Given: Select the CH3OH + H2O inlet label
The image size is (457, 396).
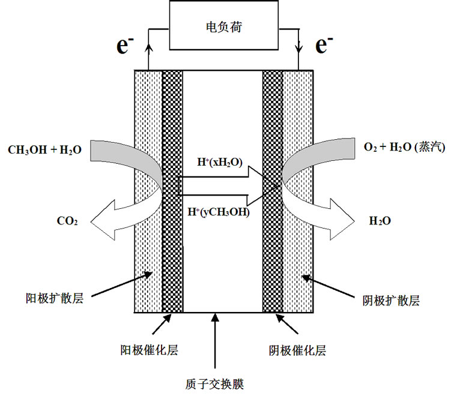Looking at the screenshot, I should (44, 148).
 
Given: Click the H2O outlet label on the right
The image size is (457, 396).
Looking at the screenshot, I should (380, 221).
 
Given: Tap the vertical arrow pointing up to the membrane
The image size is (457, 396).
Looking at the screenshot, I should (214, 342).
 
